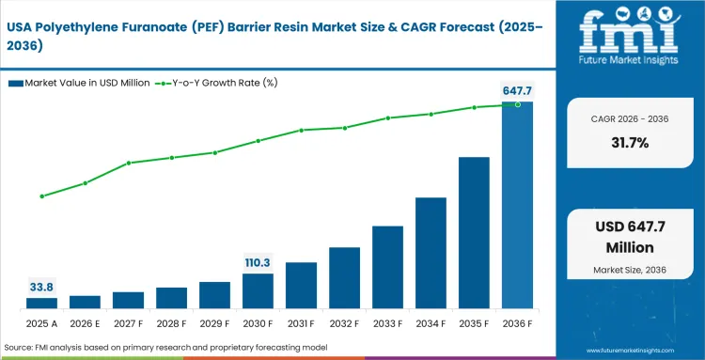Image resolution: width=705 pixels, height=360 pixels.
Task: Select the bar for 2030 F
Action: tap(258, 290)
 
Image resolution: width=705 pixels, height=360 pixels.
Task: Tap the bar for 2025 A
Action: tap(41, 303)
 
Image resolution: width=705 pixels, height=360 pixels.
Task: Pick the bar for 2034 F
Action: tap(431, 252)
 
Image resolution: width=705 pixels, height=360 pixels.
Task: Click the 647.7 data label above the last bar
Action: tap(517, 90)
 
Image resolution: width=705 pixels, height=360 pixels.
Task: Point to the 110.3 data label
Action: tap(258, 262)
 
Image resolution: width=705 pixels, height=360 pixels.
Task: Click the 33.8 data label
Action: tap(41, 287)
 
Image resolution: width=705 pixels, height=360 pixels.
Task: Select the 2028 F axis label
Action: tap(171, 324)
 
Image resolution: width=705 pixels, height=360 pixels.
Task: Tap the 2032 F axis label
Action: tap(344, 324)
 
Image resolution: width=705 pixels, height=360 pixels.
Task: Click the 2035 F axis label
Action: tap(474, 324)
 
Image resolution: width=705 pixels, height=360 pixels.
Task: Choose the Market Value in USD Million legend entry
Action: tap(85, 84)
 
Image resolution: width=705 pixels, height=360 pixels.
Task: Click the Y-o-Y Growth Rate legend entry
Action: tap(218, 84)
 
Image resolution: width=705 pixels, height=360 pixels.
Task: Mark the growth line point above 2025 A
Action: tap(41, 196)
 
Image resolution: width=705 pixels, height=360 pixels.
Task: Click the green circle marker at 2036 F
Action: tap(517, 104)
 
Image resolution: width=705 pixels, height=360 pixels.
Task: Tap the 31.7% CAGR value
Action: tap(628, 143)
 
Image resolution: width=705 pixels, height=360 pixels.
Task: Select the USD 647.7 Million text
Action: tap(628, 237)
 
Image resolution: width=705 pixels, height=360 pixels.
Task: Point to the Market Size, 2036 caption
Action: tap(628, 271)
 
